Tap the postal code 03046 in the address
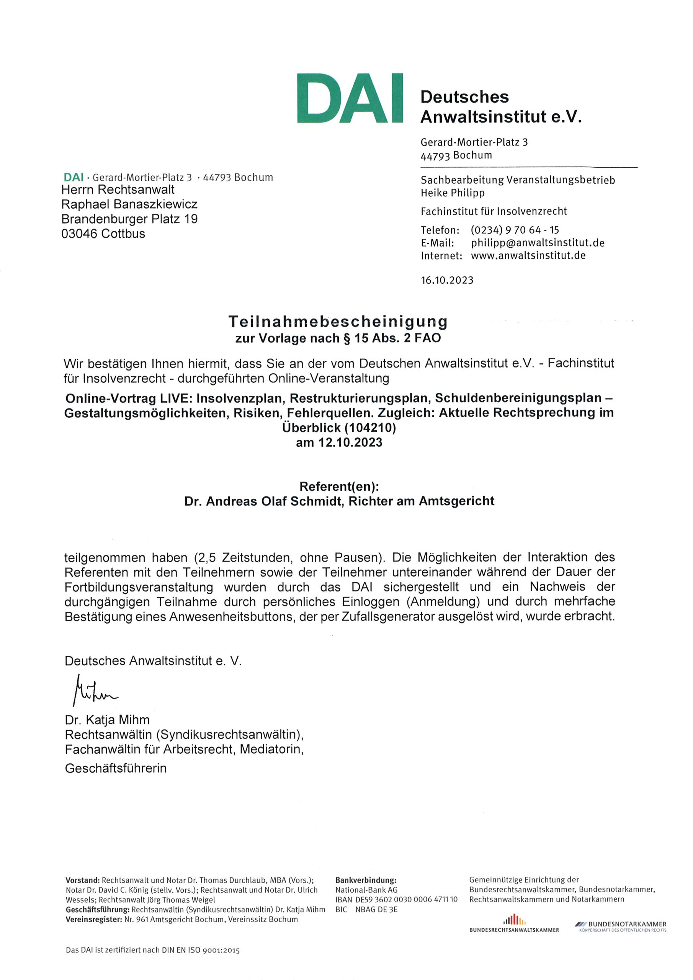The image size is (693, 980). [x=79, y=234]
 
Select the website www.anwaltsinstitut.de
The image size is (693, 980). [x=528, y=256]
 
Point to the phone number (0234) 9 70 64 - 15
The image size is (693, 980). [x=515, y=230]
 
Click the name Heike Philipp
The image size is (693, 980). [x=453, y=193]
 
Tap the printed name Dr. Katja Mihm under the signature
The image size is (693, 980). [x=107, y=720]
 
